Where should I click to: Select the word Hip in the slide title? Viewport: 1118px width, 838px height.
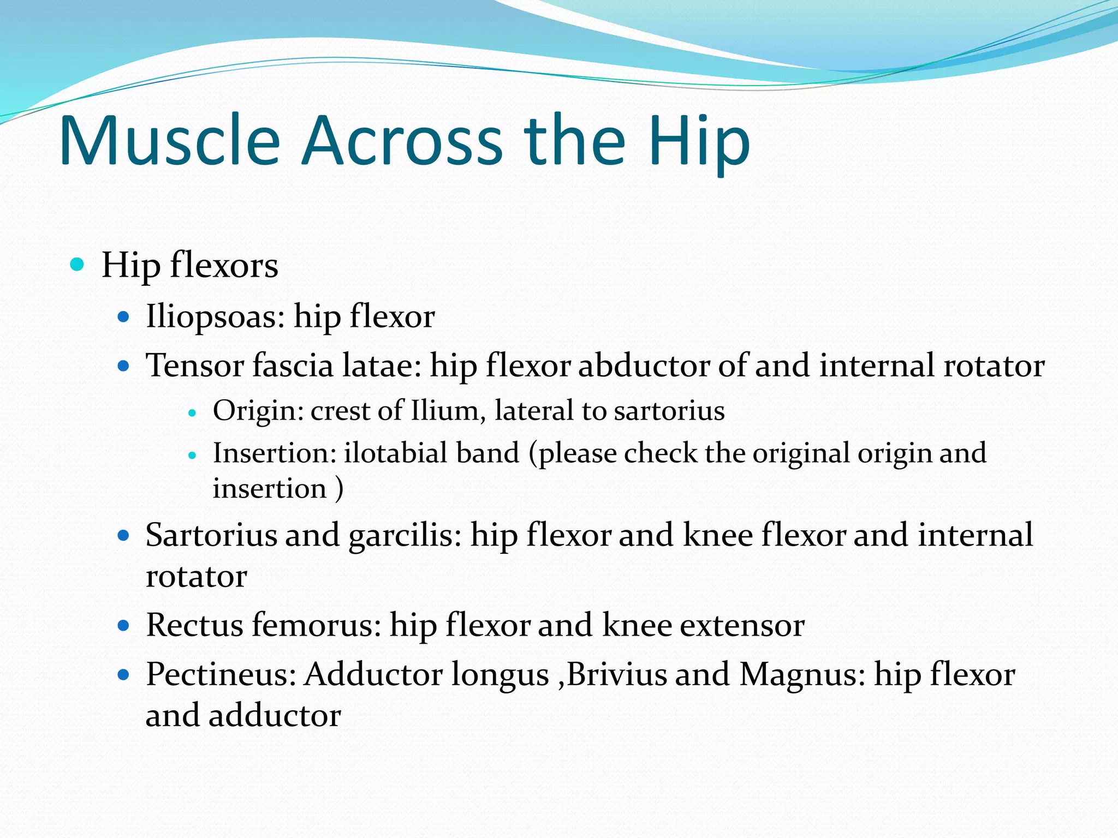click(x=699, y=142)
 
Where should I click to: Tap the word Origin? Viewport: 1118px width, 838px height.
click(x=258, y=410)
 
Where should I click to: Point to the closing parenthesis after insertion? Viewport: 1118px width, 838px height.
click(x=340, y=488)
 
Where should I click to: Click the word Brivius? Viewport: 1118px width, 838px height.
click(x=617, y=674)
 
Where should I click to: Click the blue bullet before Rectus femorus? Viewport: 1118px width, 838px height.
click(x=123, y=625)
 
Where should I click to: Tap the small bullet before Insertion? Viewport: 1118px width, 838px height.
click(x=192, y=454)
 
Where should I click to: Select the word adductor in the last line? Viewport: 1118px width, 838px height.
click(x=275, y=716)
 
